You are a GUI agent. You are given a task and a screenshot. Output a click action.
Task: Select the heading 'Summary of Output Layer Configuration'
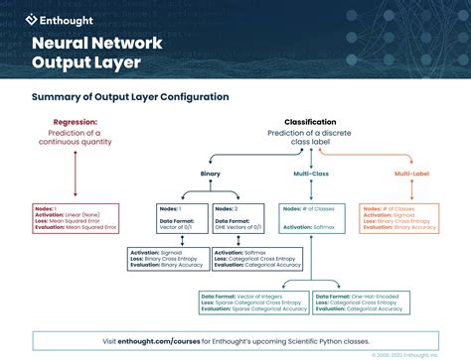point(130,97)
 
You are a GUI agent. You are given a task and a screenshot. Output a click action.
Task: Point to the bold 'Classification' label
point(310,122)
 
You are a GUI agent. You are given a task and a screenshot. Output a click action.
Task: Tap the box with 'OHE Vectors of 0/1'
point(238,218)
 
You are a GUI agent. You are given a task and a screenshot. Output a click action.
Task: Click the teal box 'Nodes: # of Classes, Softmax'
point(310,218)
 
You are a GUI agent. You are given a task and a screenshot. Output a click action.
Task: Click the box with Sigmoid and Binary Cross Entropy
point(167,259)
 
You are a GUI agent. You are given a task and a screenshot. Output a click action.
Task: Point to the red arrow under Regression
point(75,169)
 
